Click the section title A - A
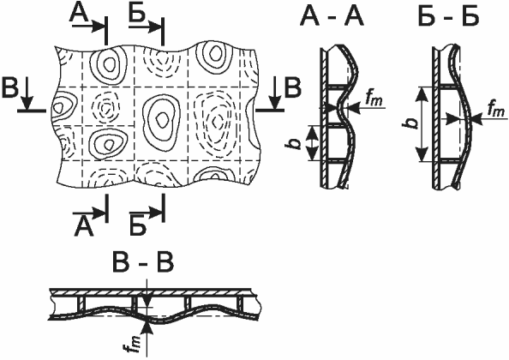pos(332,16)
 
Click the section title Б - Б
pos(448,16)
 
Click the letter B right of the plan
pos(293,87)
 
